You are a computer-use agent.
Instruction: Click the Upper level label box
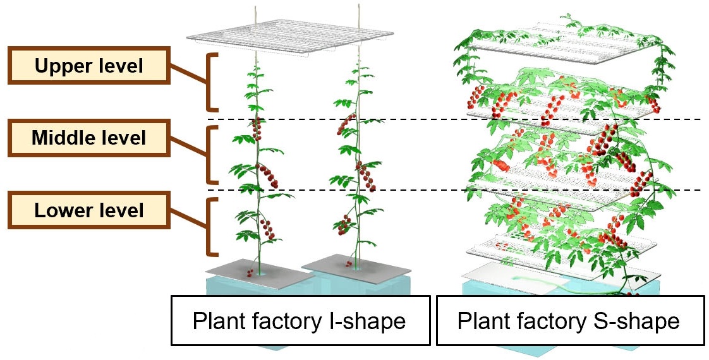[x=89, y=64]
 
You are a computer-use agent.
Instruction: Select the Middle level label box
[x=89, y=137]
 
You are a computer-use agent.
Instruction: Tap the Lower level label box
[x=89, y=210]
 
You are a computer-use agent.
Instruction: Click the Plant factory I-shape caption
[x=299, y=321]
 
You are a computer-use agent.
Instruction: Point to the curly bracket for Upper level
[x=212, y=83]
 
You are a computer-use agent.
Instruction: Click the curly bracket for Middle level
[x=212, y=155]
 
